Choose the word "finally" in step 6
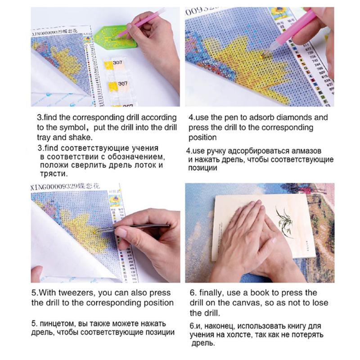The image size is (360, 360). pyautogui.click(x=211, y=293)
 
